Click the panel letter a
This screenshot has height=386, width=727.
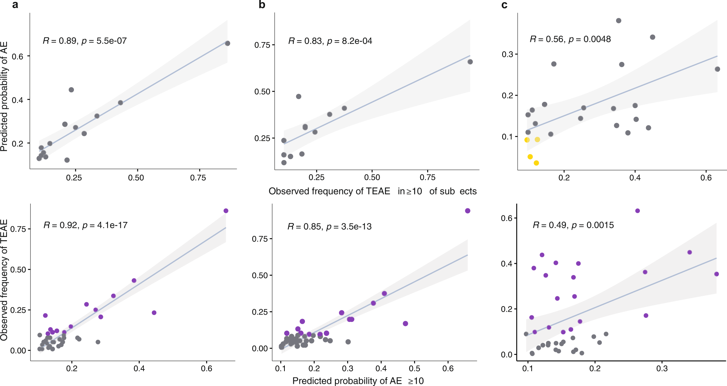tap(15, 5)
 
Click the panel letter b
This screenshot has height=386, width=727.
tap(262, 5)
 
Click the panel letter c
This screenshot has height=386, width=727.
tap(504, 5)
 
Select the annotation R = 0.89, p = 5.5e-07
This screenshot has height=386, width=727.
tap(85, 41)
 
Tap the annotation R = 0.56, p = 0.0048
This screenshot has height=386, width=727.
tap(570, 39)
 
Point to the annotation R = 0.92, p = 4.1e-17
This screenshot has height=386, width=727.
tap(85, 225)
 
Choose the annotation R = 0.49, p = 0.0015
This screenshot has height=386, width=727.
tap(573, 225)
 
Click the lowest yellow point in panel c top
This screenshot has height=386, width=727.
tap(536, 163)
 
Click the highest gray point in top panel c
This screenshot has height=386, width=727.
tap(619, 21)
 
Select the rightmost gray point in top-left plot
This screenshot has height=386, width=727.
tap(227, 44)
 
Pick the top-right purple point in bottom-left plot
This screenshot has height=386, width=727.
tap(226, 211)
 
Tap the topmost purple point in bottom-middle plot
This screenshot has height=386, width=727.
tap(467, 211)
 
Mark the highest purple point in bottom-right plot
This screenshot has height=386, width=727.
tap(637, 211)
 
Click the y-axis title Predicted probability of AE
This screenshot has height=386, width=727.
tap(4, 96)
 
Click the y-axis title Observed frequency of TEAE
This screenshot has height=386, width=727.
tap(4, 280)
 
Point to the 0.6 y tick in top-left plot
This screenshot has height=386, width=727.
tap(18, 56)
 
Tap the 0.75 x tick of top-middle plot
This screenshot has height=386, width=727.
tap(427, 178)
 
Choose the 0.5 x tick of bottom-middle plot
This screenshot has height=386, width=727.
tap(414, 368)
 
